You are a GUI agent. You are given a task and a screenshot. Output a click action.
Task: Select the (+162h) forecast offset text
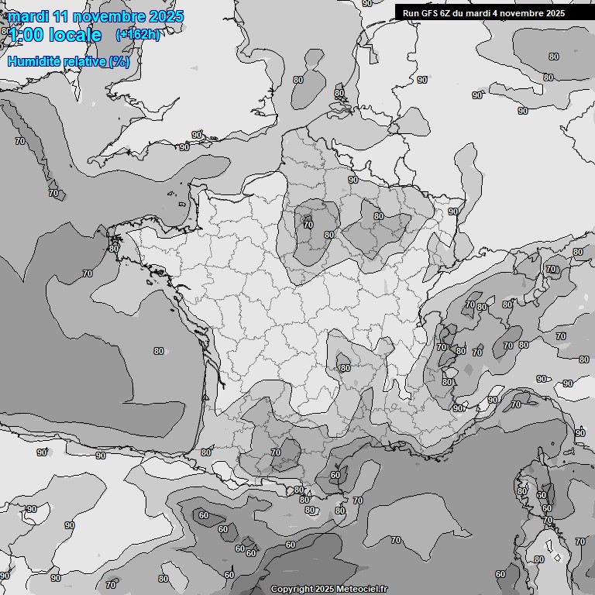[x=138, y=35]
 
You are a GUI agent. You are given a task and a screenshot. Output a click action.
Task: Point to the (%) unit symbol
[x=119, y=61]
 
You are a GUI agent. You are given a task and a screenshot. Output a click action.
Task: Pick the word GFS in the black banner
[x=428, y=13]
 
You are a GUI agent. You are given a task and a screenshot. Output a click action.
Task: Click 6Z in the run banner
[x=447, y=13]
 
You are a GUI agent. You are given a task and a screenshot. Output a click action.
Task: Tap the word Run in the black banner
[x=411, y=13]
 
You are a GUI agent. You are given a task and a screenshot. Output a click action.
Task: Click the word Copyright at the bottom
[x=291, y=590]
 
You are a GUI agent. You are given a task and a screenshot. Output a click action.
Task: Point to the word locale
[x=74, y=35]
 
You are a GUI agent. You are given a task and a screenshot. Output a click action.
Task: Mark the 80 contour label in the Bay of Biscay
[x=159, y=351]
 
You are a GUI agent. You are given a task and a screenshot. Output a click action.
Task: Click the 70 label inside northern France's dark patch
[x=308, y=225]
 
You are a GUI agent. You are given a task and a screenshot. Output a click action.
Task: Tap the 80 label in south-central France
[x=345, y=368]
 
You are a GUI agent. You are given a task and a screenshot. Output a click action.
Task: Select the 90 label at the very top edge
[x=366, y=3]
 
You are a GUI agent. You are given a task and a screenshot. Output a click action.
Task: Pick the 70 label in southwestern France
[x=275, y=452]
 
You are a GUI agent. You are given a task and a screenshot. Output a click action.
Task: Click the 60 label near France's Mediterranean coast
[x=335, y=475]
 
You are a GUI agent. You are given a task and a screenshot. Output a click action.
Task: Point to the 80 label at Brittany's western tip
[x=114, y=249]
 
